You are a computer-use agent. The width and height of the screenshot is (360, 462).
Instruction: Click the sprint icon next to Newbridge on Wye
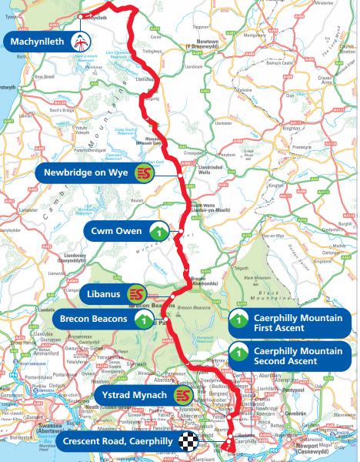[x=143, y=172]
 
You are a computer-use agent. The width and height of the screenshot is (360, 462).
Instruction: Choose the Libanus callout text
[x=102, y=294]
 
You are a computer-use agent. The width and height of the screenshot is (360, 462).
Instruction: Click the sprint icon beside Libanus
[x=136, y=294]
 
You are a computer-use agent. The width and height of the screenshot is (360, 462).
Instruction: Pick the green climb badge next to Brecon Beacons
[x=143, y=318]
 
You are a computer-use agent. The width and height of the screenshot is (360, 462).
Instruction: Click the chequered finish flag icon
[x=188, y=441]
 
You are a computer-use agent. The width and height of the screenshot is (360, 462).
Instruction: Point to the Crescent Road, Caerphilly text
[x=117, y=441]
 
